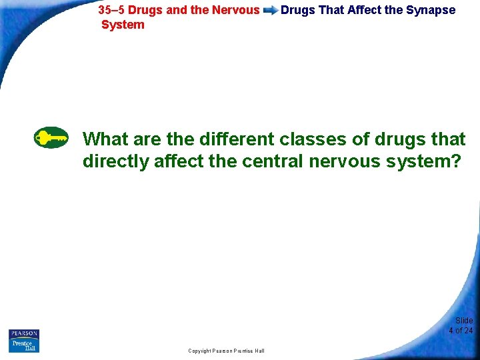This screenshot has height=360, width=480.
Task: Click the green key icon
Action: point(51,138)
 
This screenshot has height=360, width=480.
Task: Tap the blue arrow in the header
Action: point(270,11)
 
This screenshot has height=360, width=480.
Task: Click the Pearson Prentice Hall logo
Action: point(24,341)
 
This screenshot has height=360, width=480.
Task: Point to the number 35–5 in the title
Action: point(111,10)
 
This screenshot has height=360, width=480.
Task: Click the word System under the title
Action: point(123,25)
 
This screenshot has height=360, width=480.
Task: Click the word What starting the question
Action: point(105,139)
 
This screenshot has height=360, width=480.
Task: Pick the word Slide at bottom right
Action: point(464,321)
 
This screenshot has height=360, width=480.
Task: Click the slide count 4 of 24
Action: point(461,331)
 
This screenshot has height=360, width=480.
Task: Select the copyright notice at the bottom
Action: point(226,351)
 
